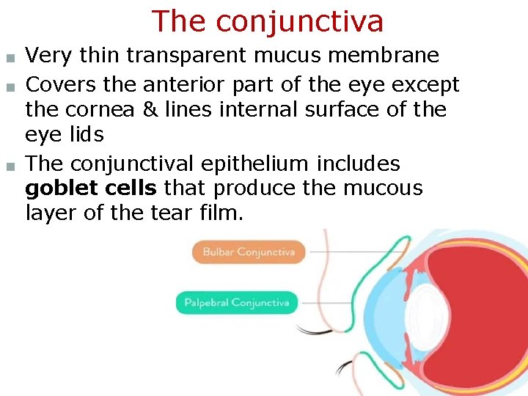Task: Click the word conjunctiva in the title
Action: [299, 21]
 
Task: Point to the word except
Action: [425, 84]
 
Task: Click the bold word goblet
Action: [60, 188]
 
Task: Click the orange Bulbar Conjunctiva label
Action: [249, 252]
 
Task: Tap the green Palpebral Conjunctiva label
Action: [236, 302]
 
